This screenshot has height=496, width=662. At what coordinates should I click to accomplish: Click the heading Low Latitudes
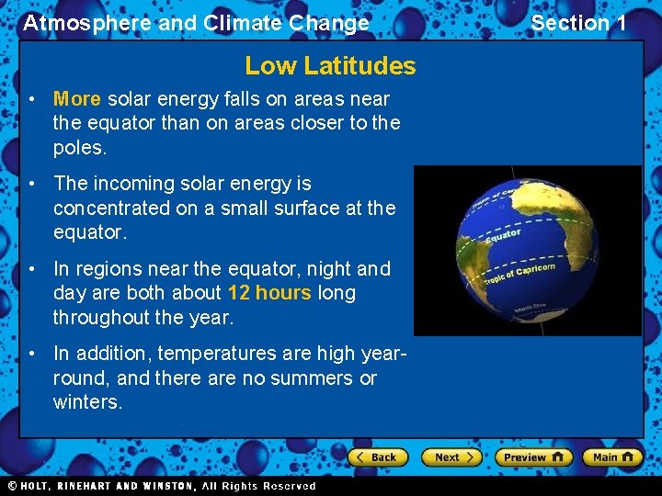click(x=330, y=66)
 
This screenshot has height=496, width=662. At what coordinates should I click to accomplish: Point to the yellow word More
click(x=77, y=99)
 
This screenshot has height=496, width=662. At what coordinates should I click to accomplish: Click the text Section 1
click(x=578, y=23)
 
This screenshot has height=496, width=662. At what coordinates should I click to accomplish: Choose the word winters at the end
click(x=87, y=402)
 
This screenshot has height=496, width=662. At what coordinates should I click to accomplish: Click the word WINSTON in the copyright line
click(x=165, y=486)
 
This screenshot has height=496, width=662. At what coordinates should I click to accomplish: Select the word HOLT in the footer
click(x=34, y=486)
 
